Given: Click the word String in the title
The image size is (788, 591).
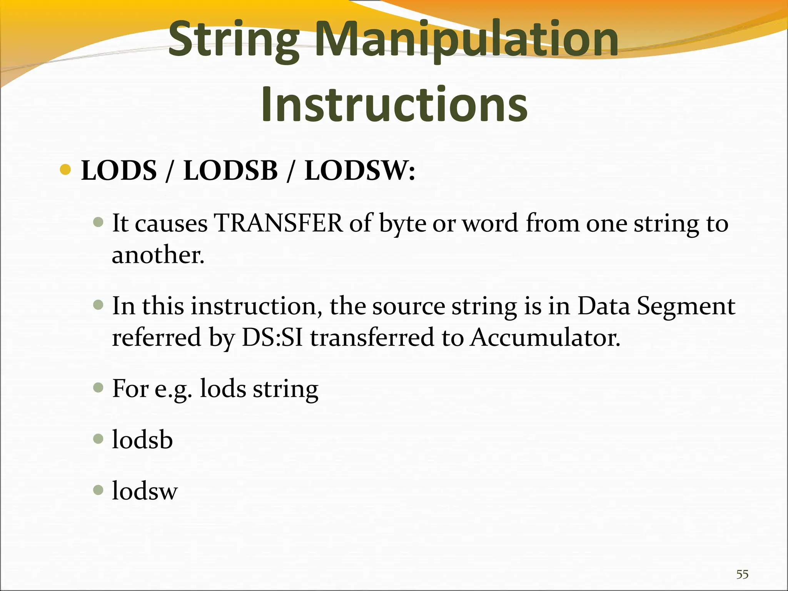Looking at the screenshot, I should (x=234, y=40).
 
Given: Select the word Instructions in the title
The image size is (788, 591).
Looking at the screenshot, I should (x=394, y=104).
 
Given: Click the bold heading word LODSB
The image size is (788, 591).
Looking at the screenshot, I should (x=230, y=170).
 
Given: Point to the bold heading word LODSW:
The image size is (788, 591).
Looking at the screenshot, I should (x=360, y=170).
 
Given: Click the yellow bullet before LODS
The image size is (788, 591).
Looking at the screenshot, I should (x=66, y=169).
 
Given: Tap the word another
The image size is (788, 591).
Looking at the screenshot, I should (x=158, y=255).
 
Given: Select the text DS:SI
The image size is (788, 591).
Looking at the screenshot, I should (x=272, y=337).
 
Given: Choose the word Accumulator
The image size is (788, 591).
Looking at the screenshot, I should (x=545, y=337).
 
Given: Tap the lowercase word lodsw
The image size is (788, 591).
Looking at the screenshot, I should (x=145, y=491).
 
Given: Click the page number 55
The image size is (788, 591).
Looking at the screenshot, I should (x=742, y=574).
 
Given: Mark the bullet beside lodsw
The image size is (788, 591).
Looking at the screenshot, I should (x=98, y=490).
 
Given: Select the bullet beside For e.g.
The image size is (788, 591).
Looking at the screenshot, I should (x=98, y=387).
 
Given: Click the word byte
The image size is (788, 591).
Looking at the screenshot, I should (x=402, y=224).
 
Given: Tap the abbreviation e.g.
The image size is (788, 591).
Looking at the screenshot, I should (x=173, y=389).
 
